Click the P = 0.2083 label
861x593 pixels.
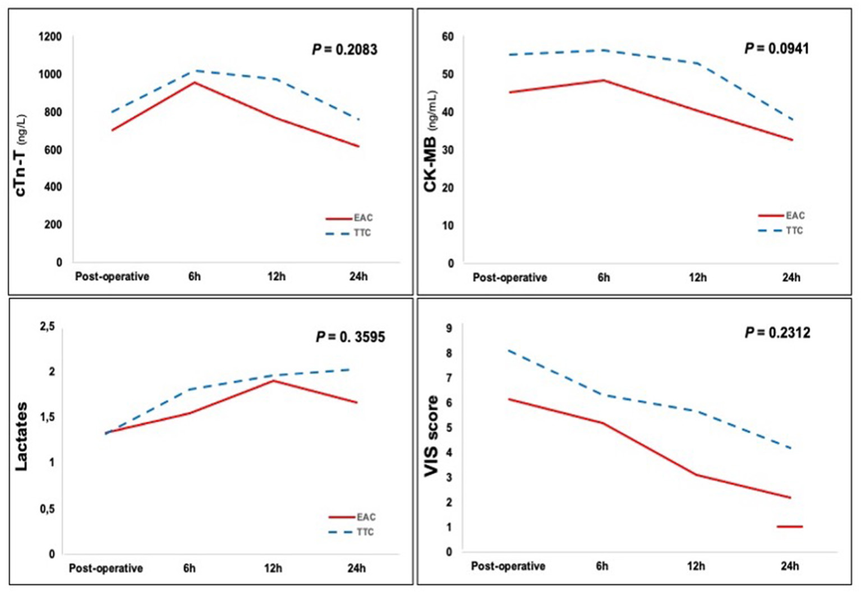pos(344,50)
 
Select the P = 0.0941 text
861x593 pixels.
pos(776,49)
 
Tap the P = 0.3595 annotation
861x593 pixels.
pos(350,337)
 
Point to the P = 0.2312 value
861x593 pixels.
pos(777,333)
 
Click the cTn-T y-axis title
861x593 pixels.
pos(21,154)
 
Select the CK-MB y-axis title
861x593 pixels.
pos(430,141)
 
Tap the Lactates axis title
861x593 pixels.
pos(21,436)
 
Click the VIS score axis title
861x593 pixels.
pos(431,436)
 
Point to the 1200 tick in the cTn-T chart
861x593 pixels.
pos(50,37)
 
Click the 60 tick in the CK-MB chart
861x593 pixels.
pos(447,37)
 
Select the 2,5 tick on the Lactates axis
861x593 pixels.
pos(47,327)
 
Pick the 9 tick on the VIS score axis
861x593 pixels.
pos(449,328)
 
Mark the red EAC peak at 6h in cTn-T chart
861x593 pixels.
pos(195,82)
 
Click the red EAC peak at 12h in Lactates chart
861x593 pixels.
pos(273,381)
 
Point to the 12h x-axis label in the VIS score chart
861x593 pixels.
pos(696,567)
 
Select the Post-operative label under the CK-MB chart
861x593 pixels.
pos(509,278)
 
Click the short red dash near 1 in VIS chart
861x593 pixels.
pos(790,526)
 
